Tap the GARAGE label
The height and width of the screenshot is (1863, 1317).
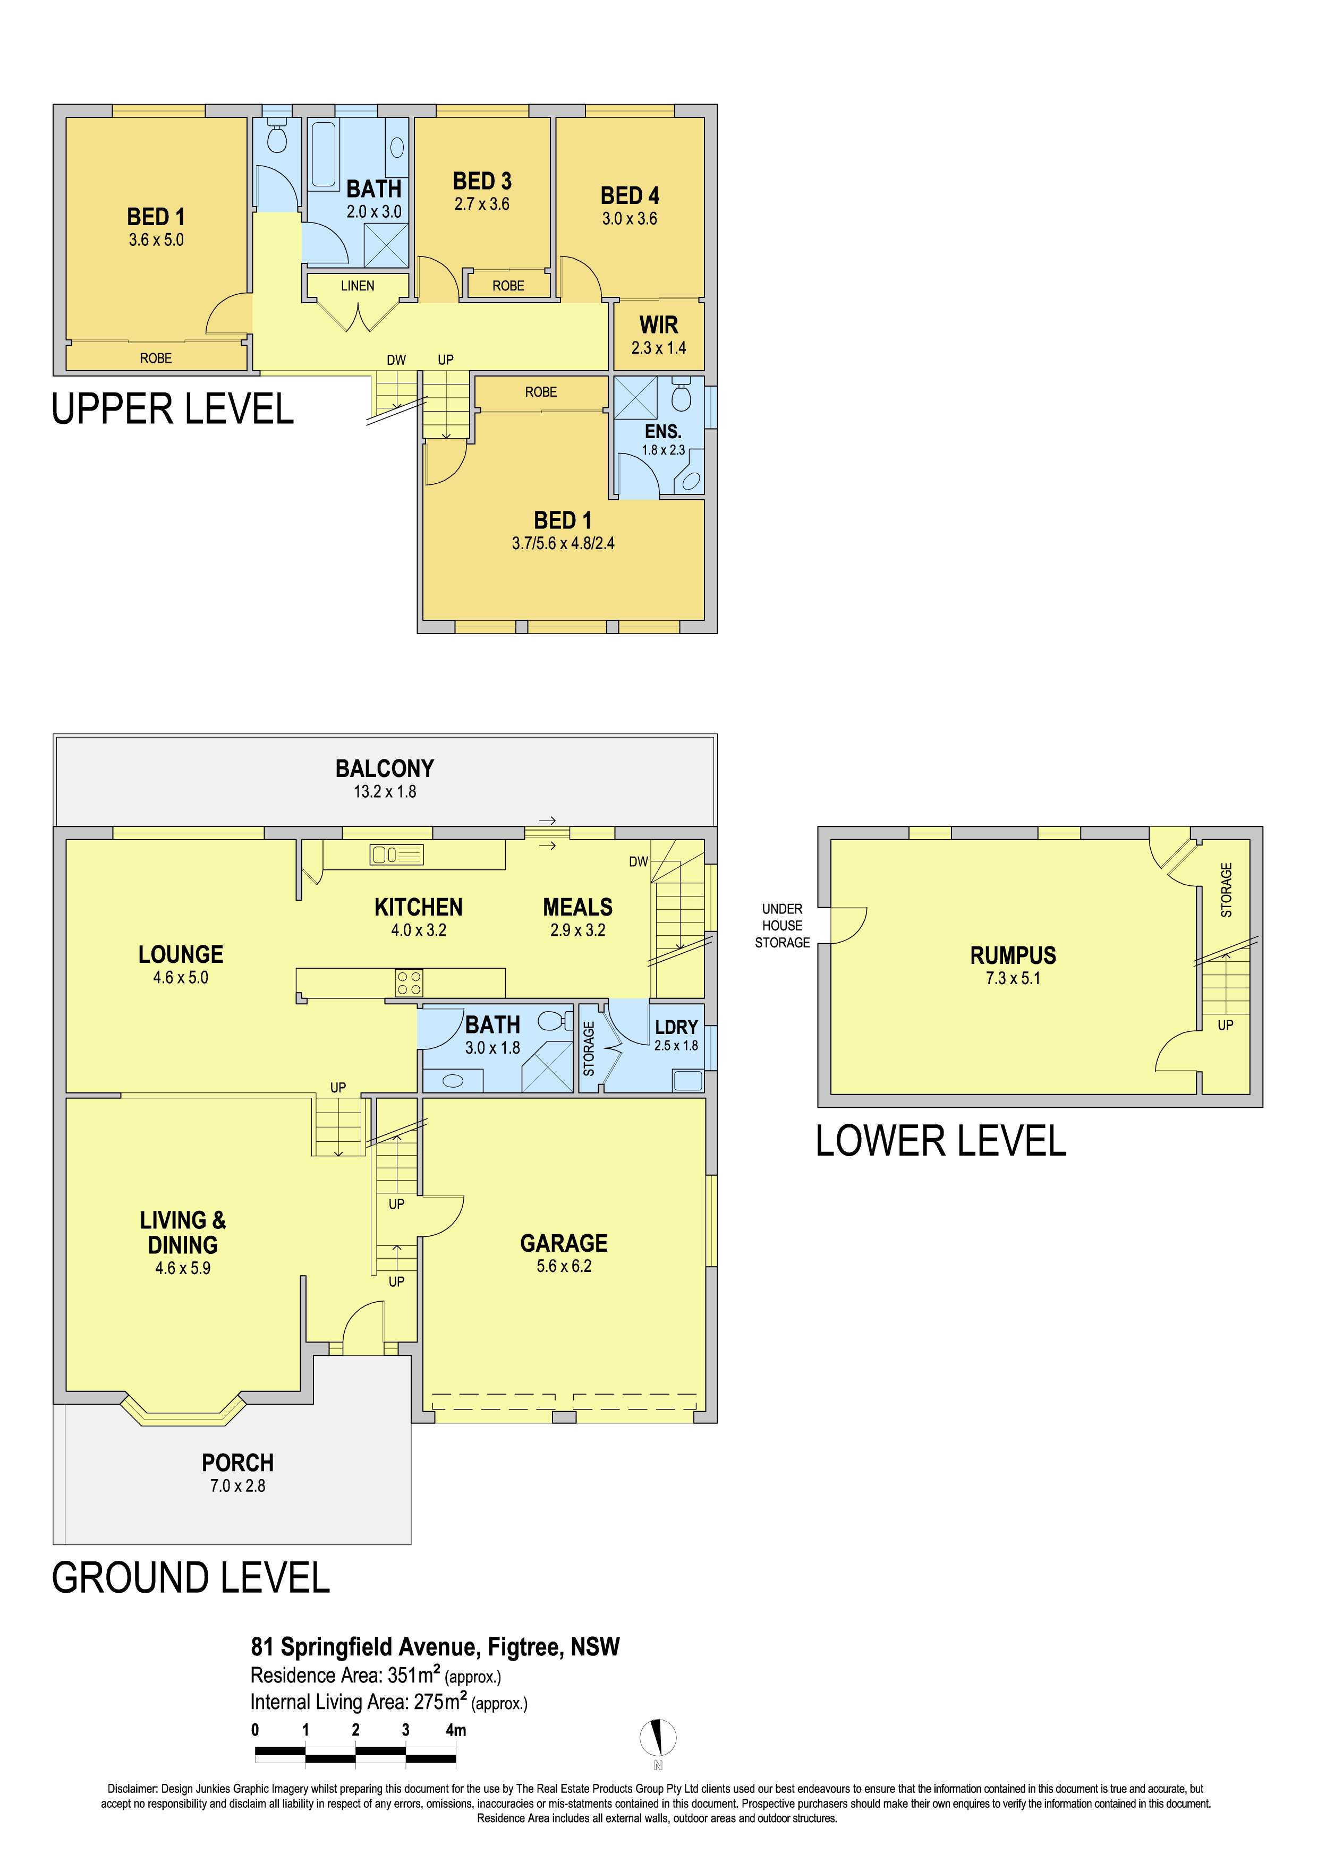pyautogui.click(x=564, y=1243)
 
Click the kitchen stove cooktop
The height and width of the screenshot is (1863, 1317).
pyautogui.click(x=409, y=982)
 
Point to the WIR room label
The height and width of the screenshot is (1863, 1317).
pyautogui.click(x=659, y=324)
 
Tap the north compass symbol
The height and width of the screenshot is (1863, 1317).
pyautogui.click(x=658, y=1737)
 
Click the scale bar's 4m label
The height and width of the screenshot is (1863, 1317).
pyautogui.click(x=456, y=1729)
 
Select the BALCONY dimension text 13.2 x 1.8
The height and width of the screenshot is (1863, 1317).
pyautogui.click(x=385, y=791)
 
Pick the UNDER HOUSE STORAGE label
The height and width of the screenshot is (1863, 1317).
pyautogui.click(x=782, y=925)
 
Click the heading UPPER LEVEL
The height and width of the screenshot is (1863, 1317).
pyautogui.click(x=173, y=408)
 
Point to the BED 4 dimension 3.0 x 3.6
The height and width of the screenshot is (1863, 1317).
pyautogui.click(x=630, y=218)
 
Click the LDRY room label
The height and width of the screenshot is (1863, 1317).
pyautogui.click(x=676, y=1027)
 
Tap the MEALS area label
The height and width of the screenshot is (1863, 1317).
pyautogui.click(x=578, y=907)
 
